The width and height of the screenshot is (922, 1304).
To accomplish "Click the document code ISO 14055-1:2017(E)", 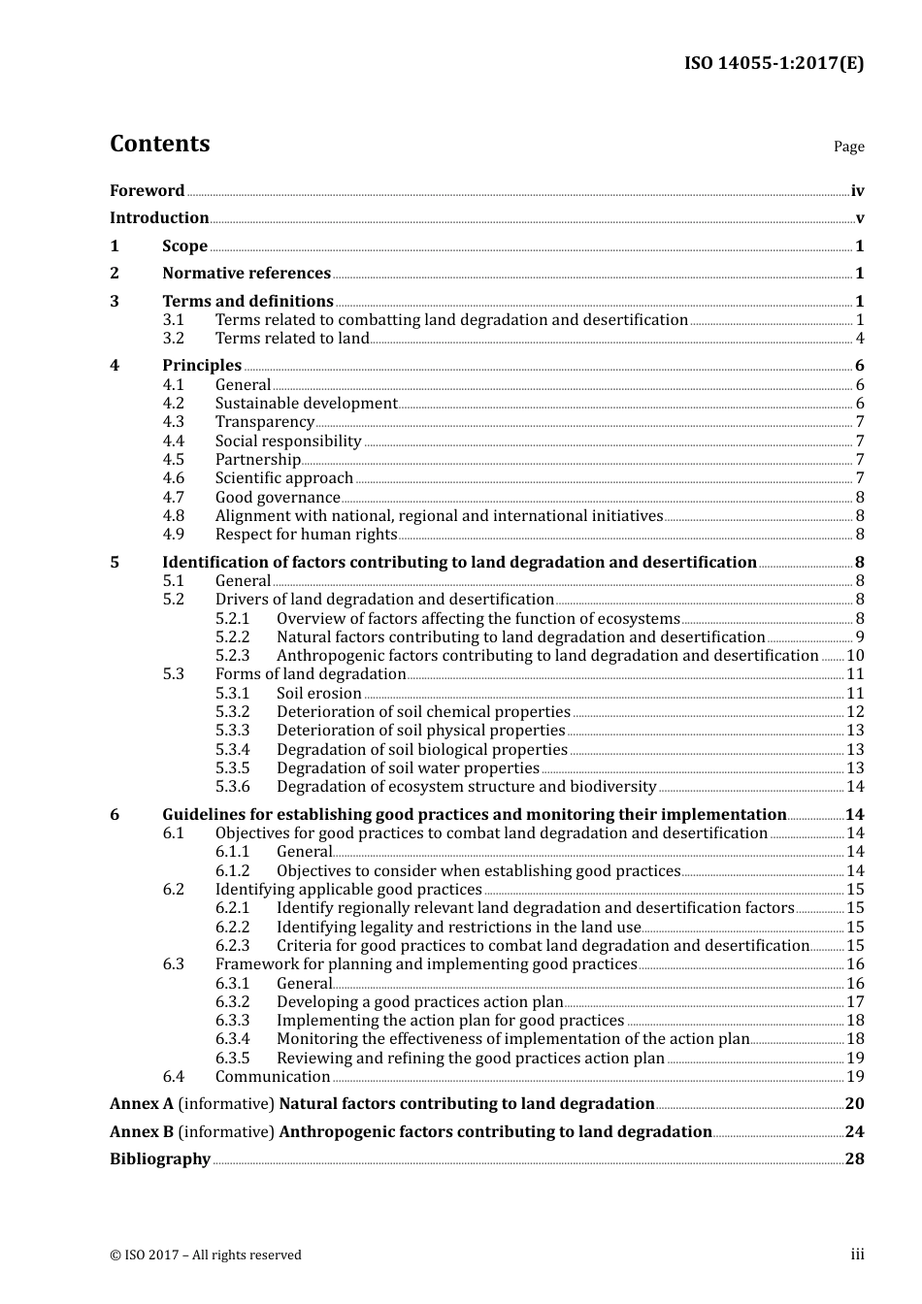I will coord(774,64).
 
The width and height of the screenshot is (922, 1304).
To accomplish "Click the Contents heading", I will coord(159,144).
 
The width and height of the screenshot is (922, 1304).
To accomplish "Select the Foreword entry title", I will coord(147,191).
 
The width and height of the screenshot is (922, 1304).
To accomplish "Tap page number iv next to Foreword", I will coord(857,191).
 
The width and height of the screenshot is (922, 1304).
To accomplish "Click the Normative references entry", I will coord(247,274).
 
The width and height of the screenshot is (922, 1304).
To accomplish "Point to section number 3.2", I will coord(173,339).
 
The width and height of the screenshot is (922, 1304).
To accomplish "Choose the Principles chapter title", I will coord(202,366).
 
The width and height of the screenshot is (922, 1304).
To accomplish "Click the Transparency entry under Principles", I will coord(264,422).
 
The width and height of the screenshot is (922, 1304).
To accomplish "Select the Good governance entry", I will coord(278,498).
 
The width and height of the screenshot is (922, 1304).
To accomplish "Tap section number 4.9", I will coord(173,535).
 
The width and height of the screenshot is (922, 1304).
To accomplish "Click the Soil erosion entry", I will coord(318,694).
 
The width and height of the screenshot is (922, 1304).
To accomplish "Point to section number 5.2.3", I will coord(232,656).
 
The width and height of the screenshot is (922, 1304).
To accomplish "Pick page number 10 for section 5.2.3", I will coord(855,656).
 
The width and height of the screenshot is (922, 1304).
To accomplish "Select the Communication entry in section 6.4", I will coord(273,1077).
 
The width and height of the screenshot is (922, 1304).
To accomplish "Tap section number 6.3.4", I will coord(232,1039).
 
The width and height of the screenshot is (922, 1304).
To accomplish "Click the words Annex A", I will coord(142,1104).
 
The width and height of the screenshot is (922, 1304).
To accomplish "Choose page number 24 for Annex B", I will coord(854,1132).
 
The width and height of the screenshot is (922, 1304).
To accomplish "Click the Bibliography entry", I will coord(160,1159).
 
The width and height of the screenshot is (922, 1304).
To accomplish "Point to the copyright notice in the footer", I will coord(206,1255).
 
